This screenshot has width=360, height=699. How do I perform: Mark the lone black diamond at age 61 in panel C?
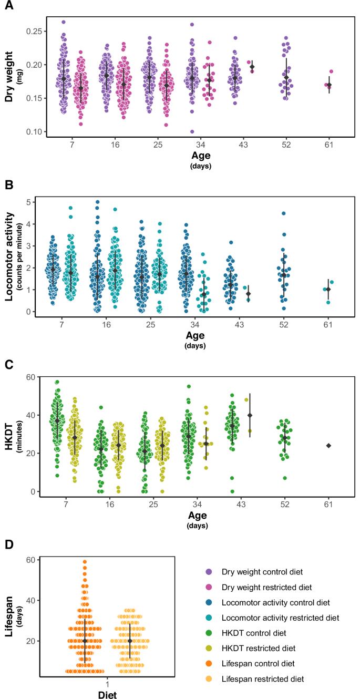(x=328, y=446)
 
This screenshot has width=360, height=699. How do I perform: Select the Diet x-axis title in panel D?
(x=107, y=695)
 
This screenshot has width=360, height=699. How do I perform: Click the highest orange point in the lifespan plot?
(x=84, y=562)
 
